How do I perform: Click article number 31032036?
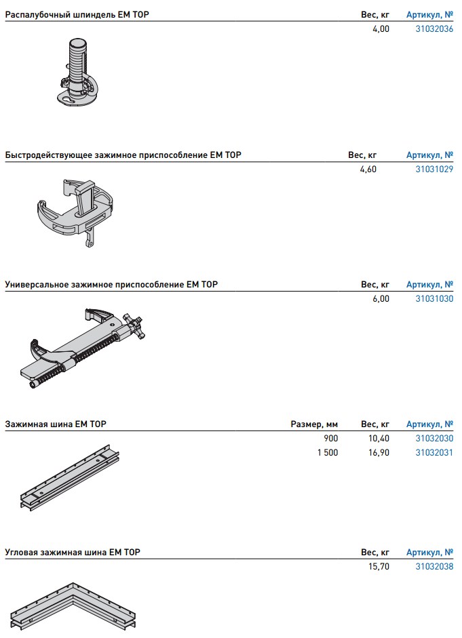point(434,29)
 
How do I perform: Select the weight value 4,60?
point(368,170)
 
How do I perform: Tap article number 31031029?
point(434,170)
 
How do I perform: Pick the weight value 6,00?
point(381,298)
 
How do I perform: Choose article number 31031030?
point(434,298)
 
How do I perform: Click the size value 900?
point(331,439)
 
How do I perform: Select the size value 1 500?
point(328,452)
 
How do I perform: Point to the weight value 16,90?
point(379,452)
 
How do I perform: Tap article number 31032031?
point(434,452)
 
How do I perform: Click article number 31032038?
point(434,566)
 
